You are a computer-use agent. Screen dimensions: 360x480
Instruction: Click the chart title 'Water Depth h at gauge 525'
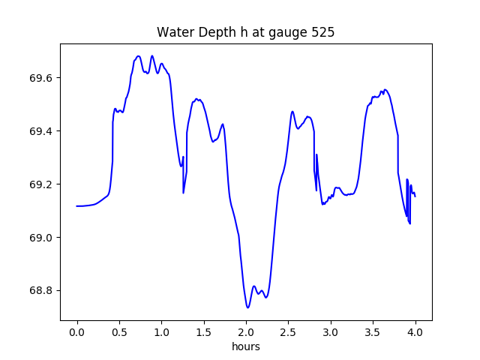pos(245,32)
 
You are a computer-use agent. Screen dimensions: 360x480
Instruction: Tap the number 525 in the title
pos(323,32)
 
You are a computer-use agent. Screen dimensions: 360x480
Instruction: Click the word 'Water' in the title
pos(173,32)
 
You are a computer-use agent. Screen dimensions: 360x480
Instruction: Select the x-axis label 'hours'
pos(245,346)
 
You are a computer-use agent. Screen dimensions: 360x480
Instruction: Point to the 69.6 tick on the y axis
pos(42,78)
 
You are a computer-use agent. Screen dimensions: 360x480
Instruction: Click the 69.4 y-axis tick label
pos(42,131)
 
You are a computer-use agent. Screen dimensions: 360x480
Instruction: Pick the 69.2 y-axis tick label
pos(42,184)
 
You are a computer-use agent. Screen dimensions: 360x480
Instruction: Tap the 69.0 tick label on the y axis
pos(42,238)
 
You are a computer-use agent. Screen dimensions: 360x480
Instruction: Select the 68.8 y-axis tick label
pos(42,291)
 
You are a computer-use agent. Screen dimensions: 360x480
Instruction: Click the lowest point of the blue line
pos(247,307)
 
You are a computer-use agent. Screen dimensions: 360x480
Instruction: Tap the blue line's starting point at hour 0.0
pos(77,205)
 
